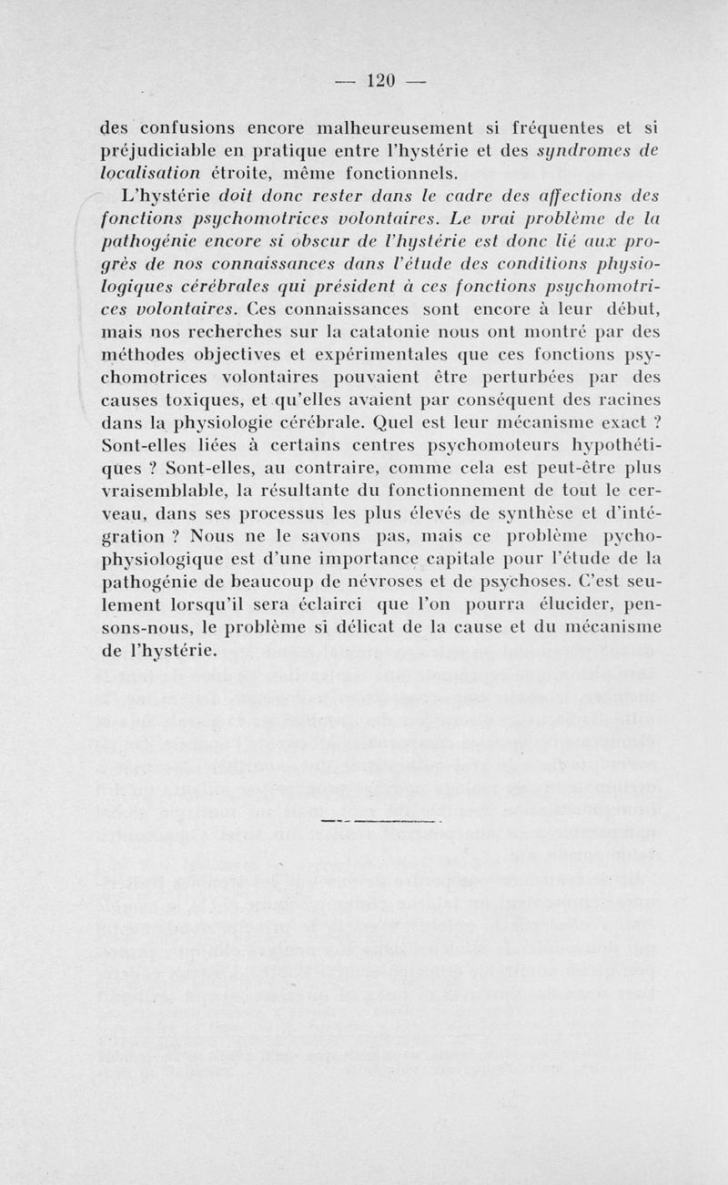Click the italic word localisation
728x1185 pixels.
click(155, 172)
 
